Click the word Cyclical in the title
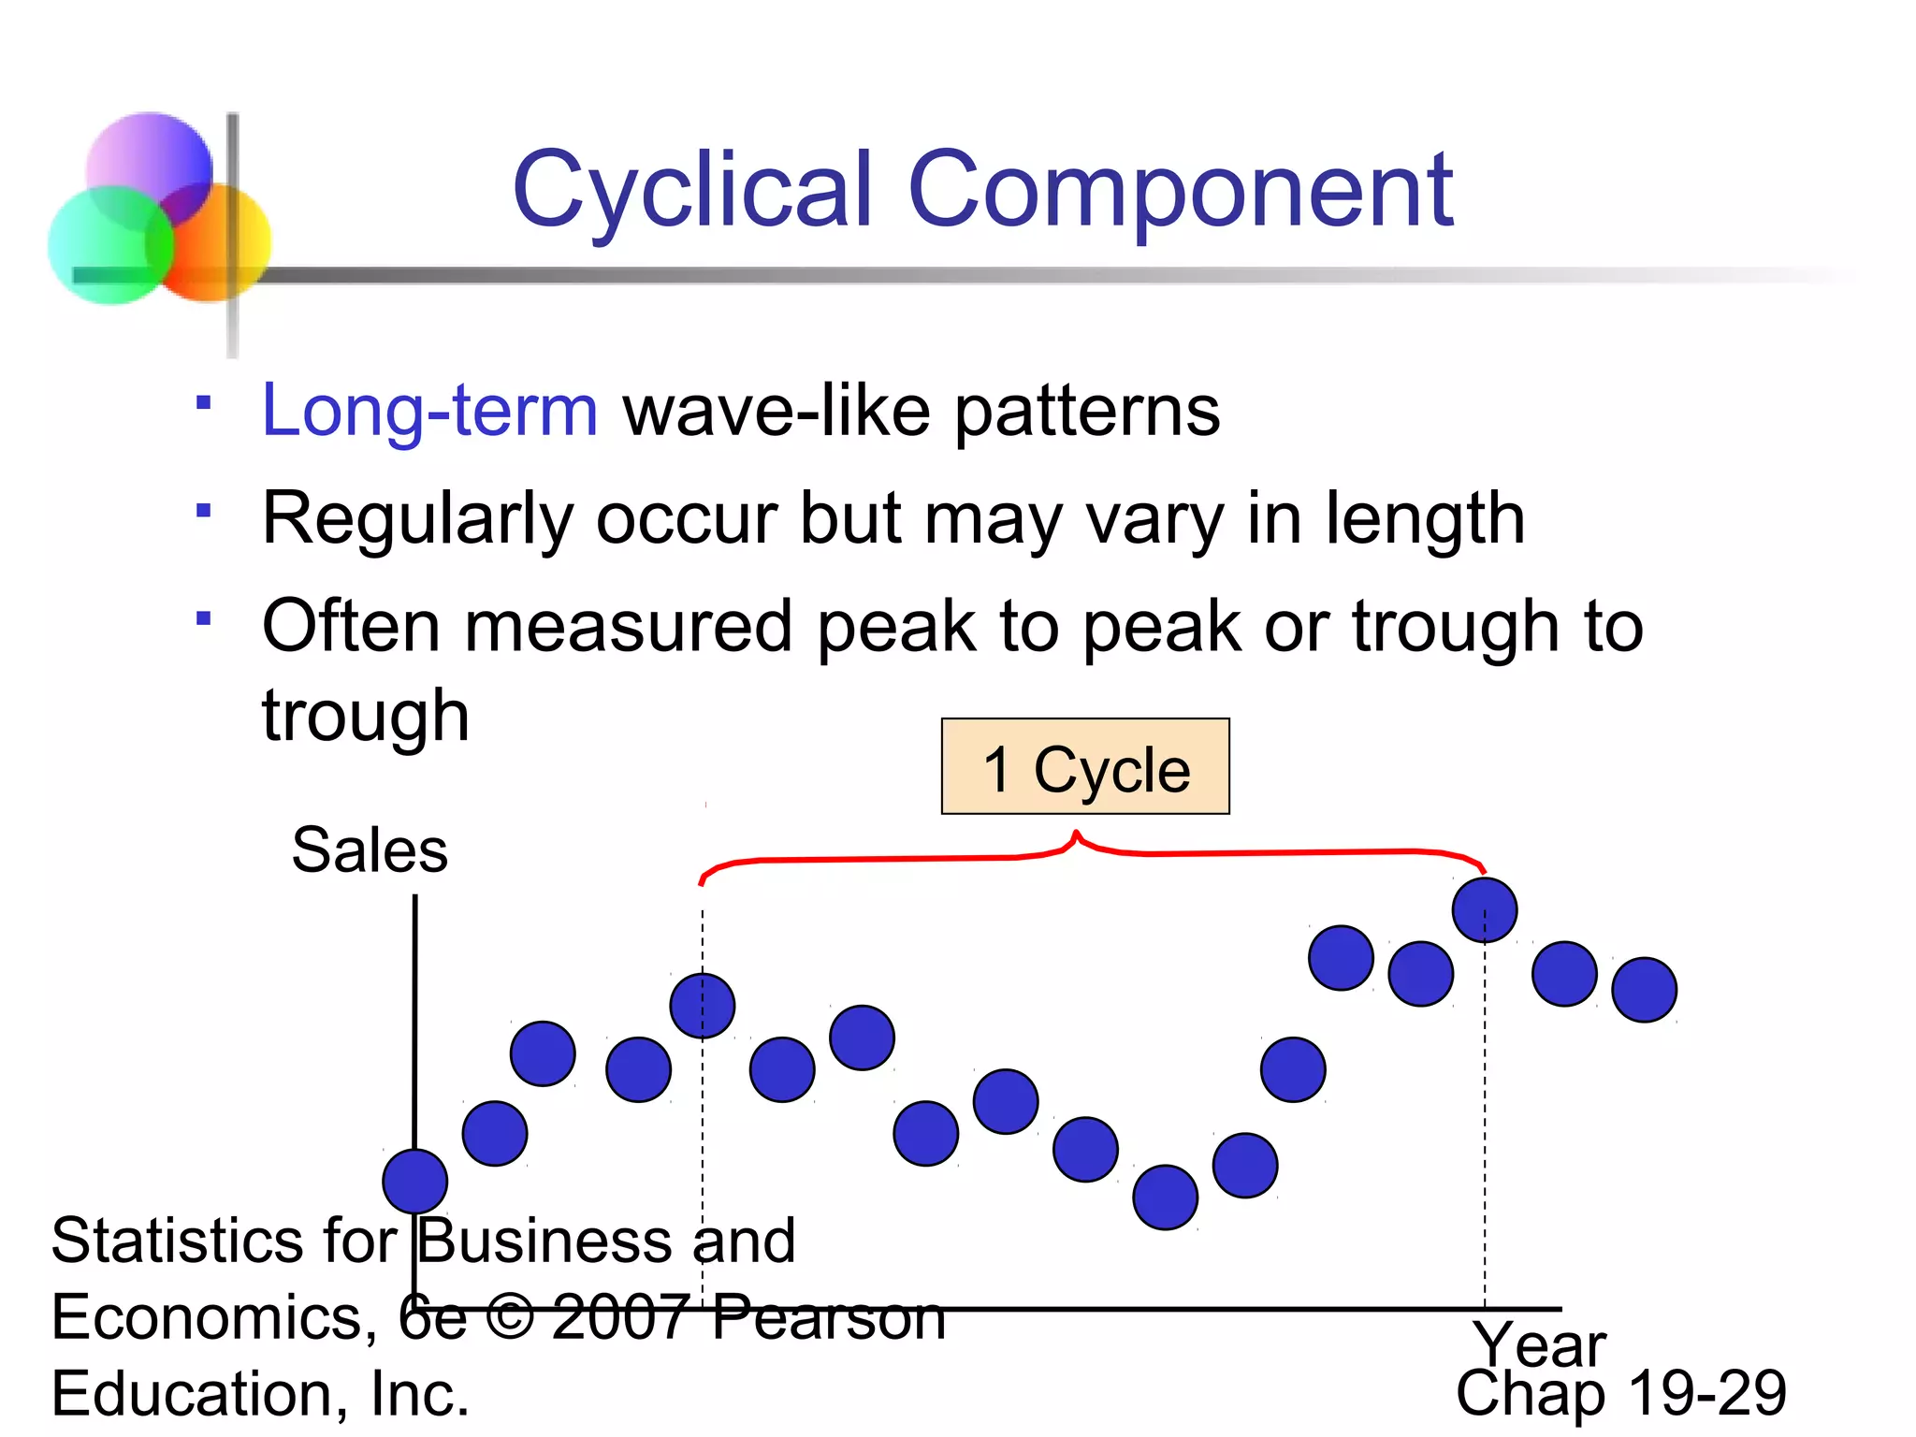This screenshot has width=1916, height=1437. pos(692,192)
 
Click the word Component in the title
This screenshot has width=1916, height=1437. pos(1181,192)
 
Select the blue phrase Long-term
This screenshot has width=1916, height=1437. pos(429,412)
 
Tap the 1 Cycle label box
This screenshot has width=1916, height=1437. pos(1085,767)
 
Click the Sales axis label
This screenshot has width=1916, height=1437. pos(370,850)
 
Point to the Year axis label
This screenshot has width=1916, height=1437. pos(1539,1344)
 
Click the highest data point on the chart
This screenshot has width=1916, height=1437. pos(1485,910)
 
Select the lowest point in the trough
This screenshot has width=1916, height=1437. pos(1165,1197)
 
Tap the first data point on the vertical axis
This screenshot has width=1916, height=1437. pos(415,1182)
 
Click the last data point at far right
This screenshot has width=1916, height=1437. pos(1644,990)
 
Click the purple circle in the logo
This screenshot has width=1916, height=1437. pos(150,168)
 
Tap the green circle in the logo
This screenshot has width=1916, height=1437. pos(110,245)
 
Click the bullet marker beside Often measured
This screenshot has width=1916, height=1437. pos(203,618)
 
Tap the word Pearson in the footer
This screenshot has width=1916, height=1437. pos(828,1317)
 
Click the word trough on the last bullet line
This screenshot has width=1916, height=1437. pos(365,716)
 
